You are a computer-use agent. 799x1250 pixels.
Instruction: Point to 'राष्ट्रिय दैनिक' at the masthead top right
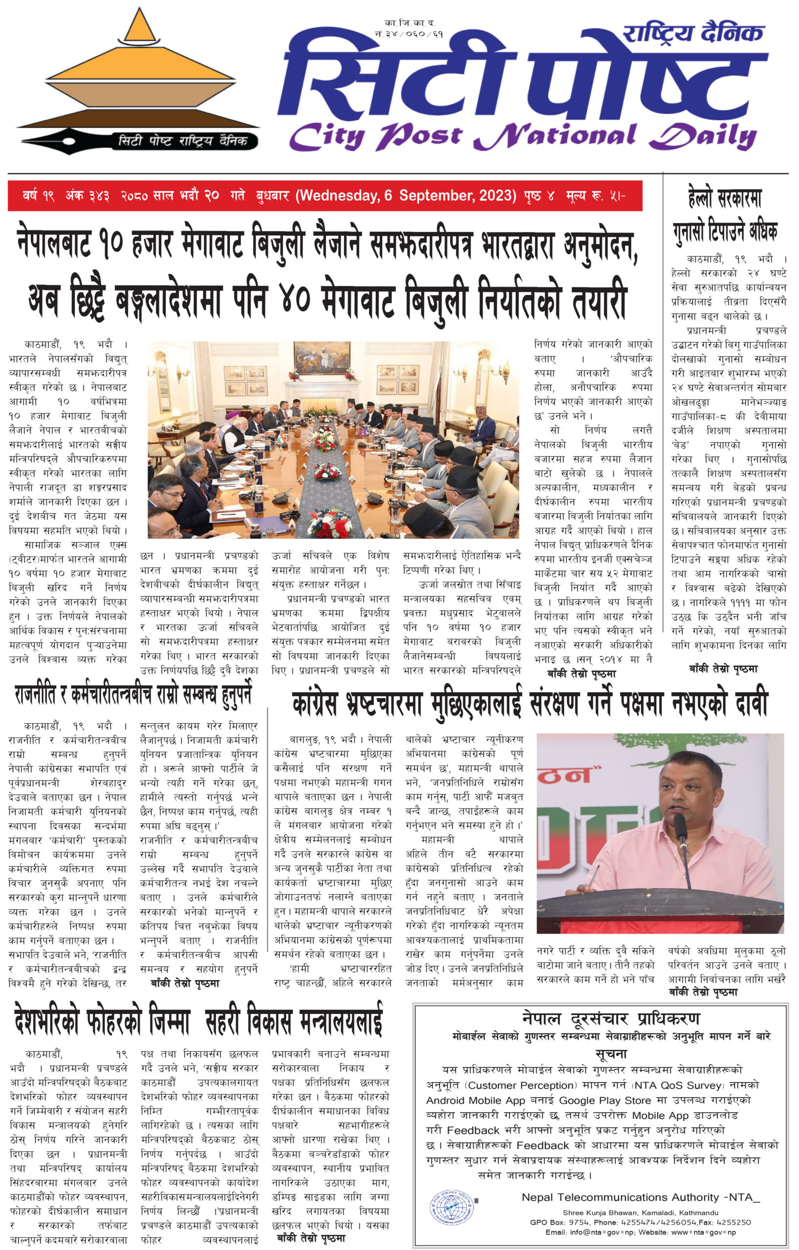click(693, 34)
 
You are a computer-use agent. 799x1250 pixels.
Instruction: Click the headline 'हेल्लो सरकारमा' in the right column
click(725, 199)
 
